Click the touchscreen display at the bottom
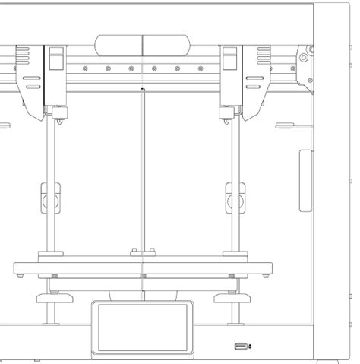[x=142, y=328]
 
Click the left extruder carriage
[x=55, y=76]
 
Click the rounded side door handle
[x=305, y=181]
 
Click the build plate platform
[x=142, y=267]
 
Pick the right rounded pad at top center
[x=166, y=45]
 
